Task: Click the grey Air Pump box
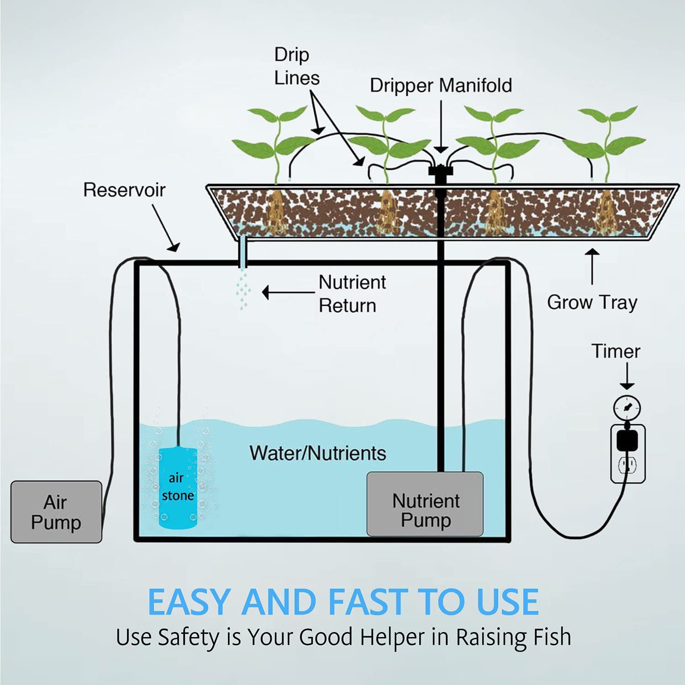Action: (x=56, y=512)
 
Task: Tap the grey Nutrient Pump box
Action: (x=425, y=504)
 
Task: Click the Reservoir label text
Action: (x=124, y=190)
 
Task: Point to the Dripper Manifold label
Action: (x=440, y=86)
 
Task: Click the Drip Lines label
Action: (x=296, y=66)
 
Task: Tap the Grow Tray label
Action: (x=592, y=302)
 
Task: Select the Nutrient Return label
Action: (x=352, y=294)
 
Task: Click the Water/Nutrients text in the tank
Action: (x=318, y=453)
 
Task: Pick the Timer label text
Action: (x=615, y=352)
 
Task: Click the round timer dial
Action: (x=627, y=407)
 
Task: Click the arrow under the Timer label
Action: (x=627, y=376)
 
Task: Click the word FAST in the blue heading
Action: (x=368, y=603)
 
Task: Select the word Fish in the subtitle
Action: (x=552, y=637)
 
